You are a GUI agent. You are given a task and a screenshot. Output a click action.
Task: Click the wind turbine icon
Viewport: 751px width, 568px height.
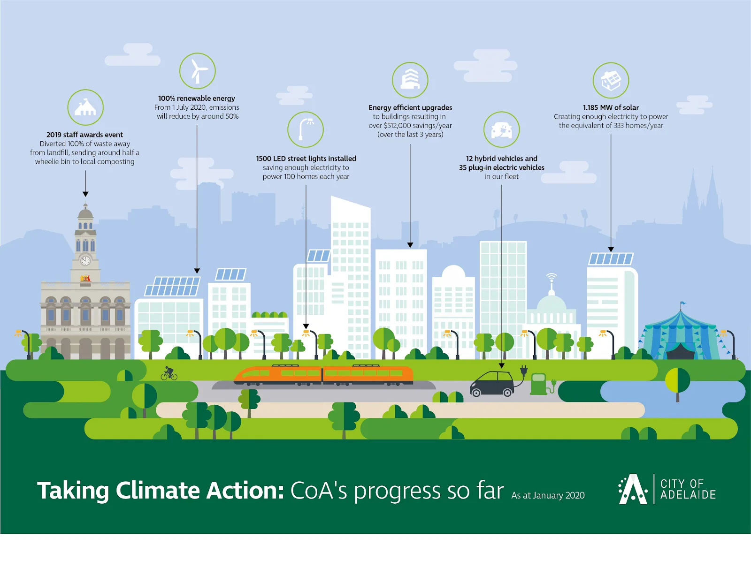pyautogui.click(x=198, y=71)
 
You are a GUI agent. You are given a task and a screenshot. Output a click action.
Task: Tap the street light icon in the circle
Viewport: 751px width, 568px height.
pyautogui.click(x=306, y=129)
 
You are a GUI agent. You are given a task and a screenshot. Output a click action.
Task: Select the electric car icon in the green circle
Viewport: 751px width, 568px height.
pyautogui.click(x=501, y=129)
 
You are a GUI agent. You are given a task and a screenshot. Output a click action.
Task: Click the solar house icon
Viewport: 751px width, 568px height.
pyautogui.click(x=611, y=80)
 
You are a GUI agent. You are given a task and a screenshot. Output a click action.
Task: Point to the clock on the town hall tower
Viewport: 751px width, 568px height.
pyautogui.click(x=85, y=260)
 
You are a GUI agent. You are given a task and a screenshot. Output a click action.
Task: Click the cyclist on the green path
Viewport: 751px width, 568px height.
pyautogui.click(x=169, y=374)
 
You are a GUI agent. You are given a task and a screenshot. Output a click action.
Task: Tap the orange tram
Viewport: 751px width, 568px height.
pyautogui.click(x=323, y=375)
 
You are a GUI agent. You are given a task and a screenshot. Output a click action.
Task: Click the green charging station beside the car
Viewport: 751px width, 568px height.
pyautogui.click(x=539, y=383)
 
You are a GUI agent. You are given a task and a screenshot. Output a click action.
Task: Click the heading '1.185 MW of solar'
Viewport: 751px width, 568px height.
pyautogui.click(x=611, y=107)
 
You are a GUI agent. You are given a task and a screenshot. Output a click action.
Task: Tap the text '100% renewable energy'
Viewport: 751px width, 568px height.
pyautogui.click(x=197, y=98)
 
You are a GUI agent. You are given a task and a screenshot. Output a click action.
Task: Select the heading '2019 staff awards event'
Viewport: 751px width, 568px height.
pyautogui.click(x=84, y=135)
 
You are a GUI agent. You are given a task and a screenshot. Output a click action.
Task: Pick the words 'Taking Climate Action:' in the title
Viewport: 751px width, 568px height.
pyautogui.click(x=161, y=491)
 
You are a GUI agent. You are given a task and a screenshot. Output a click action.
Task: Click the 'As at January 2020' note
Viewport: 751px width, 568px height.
pyautogui.click(x=548, y=495)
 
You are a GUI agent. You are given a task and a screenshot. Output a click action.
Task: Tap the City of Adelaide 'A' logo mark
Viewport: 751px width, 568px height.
pyautogui.click(x=632, y=489)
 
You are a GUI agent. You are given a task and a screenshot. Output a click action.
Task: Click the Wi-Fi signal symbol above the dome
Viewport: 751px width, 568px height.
pyautogui.click(x=552, y=277)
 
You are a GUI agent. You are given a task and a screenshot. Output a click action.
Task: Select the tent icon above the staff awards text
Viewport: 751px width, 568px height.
pyautogui.click(x=85, y=107)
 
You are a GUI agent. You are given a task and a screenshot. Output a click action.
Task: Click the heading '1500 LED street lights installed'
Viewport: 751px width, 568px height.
pyautogui.click(x=306, y=159)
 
